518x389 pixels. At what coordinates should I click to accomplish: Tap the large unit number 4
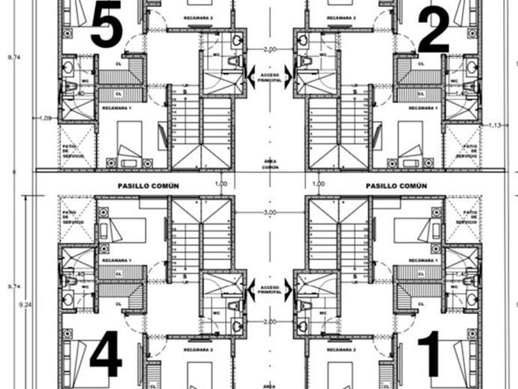click(x=105, y=358)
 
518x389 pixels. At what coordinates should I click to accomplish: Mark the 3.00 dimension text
click(x=269, y=213)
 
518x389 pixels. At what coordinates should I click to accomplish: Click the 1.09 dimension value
click(x=46, y=118)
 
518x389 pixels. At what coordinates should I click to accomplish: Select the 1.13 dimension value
click(x=494, y=125)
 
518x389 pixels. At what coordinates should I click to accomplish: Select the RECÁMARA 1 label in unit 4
click(x=117, y=261)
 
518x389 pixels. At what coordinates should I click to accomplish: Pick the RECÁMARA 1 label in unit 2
click(x=423, y=107)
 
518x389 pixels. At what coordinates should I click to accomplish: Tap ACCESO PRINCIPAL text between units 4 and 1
click(x=269, y=290)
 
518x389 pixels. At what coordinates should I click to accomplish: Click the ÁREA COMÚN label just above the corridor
click(x=269, y=164)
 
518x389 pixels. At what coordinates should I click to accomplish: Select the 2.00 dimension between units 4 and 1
click(x=269, y=322)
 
